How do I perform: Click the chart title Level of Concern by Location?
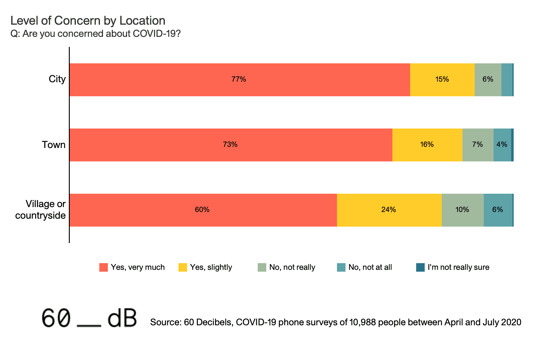88,21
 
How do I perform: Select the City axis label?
57,79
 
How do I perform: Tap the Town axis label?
54,144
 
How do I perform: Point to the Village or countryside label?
41,210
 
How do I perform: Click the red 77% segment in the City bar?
239,79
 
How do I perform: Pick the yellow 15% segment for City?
442,79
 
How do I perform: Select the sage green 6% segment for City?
488,79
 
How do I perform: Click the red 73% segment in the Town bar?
231,145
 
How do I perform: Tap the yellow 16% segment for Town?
427,145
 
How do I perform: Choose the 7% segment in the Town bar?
478,145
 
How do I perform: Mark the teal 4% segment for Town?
502,145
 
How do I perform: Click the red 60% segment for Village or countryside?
203,210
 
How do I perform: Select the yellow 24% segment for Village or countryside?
389,210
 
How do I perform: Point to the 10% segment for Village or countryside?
462,210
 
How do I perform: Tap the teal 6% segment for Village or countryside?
498,210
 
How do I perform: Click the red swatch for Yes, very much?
104,267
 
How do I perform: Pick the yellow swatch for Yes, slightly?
183,267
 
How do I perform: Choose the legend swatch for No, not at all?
341,267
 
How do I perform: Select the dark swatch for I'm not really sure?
420,267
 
